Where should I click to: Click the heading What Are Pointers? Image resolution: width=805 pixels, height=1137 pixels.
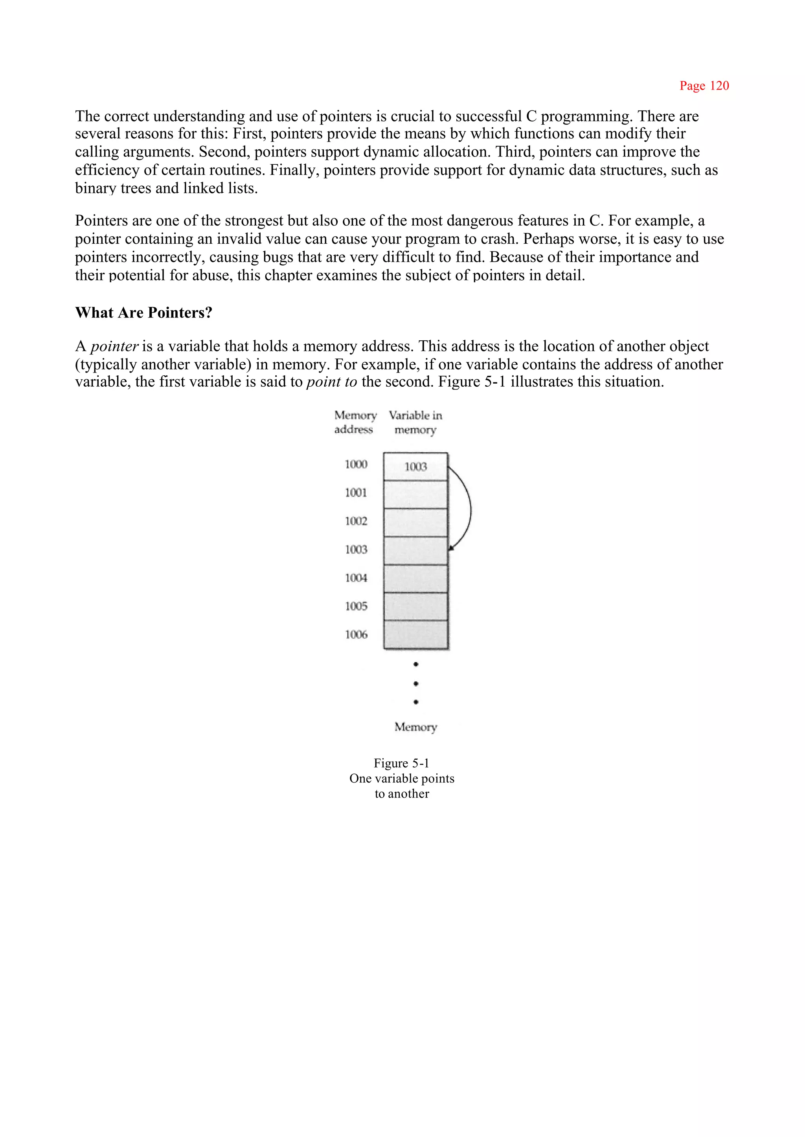pyautogui.click(x=144, y=313)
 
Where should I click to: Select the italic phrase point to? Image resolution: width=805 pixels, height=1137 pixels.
pyautogui.click(x=331, y=382)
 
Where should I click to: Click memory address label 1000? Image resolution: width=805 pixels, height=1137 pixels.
pyautogui.click(x=356, y=465)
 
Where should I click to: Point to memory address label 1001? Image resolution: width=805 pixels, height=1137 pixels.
pyautogui.click(x=356, y=493)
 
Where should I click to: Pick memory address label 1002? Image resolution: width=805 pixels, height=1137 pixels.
pyautogui.click(x=356, y=521)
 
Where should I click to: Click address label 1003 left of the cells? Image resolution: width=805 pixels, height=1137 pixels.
pyautogui.click(x=356, y=549)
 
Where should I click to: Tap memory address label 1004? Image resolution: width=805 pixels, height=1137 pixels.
pyautogui.click(x=356, y=578)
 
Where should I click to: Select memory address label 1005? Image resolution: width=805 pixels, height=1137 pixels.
pyautogui.click(x=356, y=606)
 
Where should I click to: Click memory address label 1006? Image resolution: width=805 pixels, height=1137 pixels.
pyautogui.click(x=356, y=634)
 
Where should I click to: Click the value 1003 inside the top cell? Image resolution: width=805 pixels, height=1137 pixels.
pyautogui.click(x=415, y=467)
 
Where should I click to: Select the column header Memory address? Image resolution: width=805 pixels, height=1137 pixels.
pyautogui.click(x=355, y=422)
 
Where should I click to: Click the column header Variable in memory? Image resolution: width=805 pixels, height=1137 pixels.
pyautogui.click(x=415, y=422)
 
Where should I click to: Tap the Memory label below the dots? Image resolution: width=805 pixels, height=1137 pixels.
pyautogui.click(x=415, y=727)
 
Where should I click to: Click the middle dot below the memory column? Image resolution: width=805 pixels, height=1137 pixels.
pyautogui.click(x=415, y=683)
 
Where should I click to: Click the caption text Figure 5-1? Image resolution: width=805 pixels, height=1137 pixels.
pyautogui.click(x=401, y=763)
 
